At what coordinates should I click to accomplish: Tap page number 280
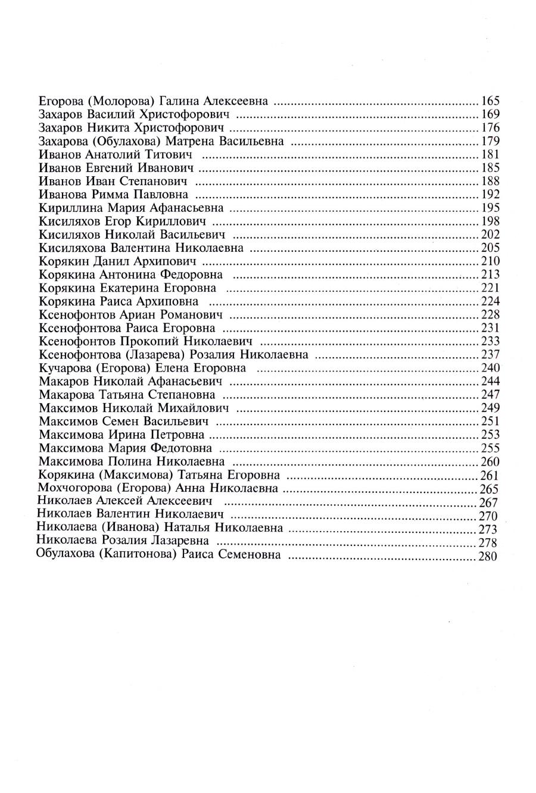(487, 557)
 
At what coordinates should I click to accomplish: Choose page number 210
(490, 261)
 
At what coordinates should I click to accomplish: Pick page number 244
(490, 382)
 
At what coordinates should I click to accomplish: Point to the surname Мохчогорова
(72, 488)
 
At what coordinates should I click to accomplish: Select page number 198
(490, 221)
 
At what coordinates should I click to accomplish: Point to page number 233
(490, 342)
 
